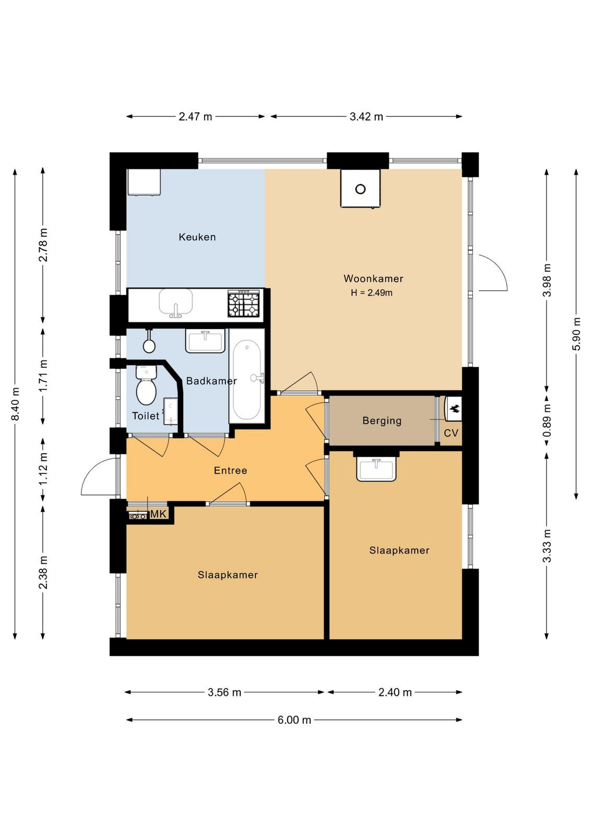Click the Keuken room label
197,237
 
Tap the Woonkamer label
373,278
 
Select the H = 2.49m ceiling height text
371,293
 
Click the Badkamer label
211,381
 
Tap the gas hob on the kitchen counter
244,304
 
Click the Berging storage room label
382,421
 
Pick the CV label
451,433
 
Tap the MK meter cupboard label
158,514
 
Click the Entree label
230,470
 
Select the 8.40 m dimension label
15,404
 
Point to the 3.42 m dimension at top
366,117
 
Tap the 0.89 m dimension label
547,421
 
